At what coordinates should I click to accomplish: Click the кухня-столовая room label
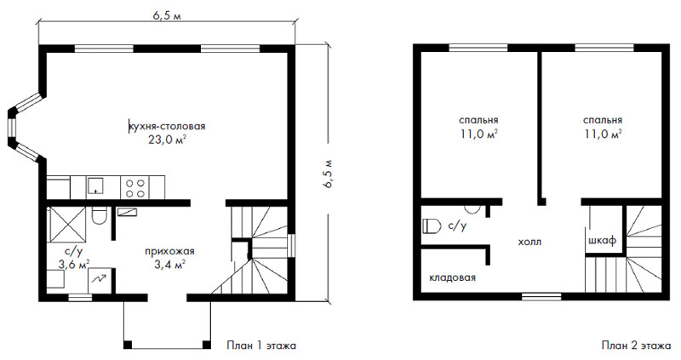pos(167,127)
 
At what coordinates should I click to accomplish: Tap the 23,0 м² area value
pos(168,140)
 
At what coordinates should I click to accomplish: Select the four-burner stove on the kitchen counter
pos(135,188)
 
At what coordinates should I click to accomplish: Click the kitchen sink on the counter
pos(94,186)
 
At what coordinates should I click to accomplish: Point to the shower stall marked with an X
pos(67,224)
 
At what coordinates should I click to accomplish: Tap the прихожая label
pos(169,251)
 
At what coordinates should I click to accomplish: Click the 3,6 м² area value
pos(74,264)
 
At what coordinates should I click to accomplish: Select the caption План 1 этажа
pos(261,346)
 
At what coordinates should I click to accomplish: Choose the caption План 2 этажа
pos(636,346)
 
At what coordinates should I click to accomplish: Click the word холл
pos(529,242)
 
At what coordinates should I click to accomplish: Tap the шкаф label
pos(603,241)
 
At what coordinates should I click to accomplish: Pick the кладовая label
pos(453,277)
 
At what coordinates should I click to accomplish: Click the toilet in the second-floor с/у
pos(432,226)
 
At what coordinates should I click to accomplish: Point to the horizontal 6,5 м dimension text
pos(167,15)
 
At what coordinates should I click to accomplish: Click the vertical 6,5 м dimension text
pos(327,174)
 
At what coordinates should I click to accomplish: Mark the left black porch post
pos(127,345)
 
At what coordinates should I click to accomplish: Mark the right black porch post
pos(207,345)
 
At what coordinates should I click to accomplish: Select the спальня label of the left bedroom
pos(478,120)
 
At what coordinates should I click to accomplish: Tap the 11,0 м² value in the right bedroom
pos(604,134)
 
